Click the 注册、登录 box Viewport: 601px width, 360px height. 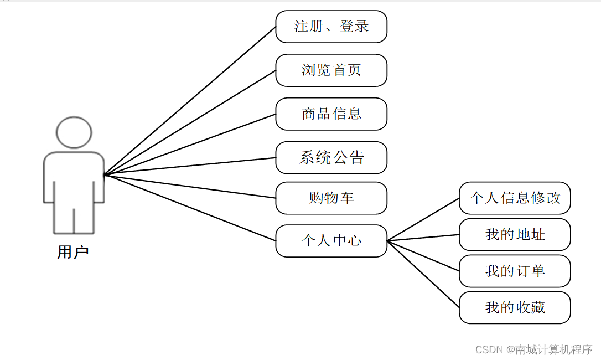tap(331, 27)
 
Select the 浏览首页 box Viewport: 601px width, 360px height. tap(331, 70)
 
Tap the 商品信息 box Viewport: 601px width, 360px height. tap(331, 114)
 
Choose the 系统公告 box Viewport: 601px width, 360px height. tap(331, 158)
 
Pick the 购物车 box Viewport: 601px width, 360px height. tap(331, 198)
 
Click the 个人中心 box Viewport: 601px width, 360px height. tap(331, 241)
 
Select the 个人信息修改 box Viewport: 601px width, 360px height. tap(515, 198)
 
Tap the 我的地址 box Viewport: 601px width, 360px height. tap(515, 235)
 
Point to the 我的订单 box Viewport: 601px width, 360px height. tap(515, 271)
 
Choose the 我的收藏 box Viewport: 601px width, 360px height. tap(515, 308)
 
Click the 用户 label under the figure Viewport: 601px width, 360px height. tap(73, 253)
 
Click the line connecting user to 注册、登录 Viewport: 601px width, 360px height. tap(190, 100)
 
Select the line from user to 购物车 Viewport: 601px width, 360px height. tap(190, 187)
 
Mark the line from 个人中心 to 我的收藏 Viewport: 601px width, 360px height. tap(423, 274)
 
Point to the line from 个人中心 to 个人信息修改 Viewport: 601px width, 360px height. tap(423, 219)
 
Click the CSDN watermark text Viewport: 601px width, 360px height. tap(533, 349)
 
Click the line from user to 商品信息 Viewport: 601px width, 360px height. tap(190, 144)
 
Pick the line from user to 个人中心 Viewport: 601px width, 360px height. tap(190, 208)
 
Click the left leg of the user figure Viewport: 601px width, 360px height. tap(64, 219)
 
